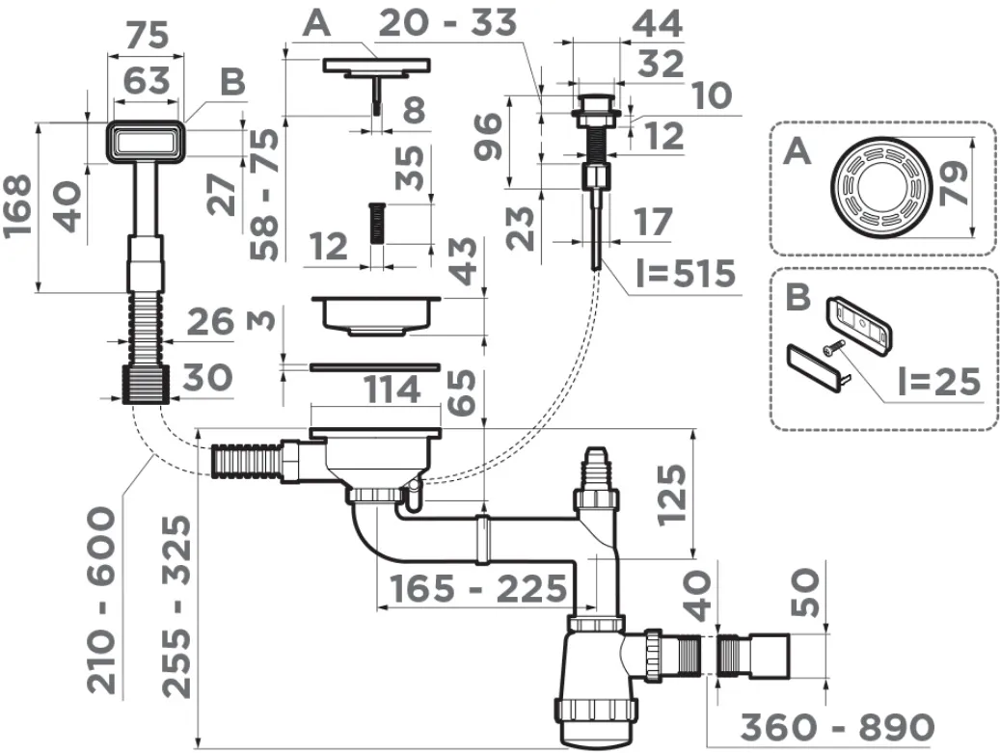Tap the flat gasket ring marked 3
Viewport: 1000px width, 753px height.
pyautogui.click(x=374, y=366)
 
